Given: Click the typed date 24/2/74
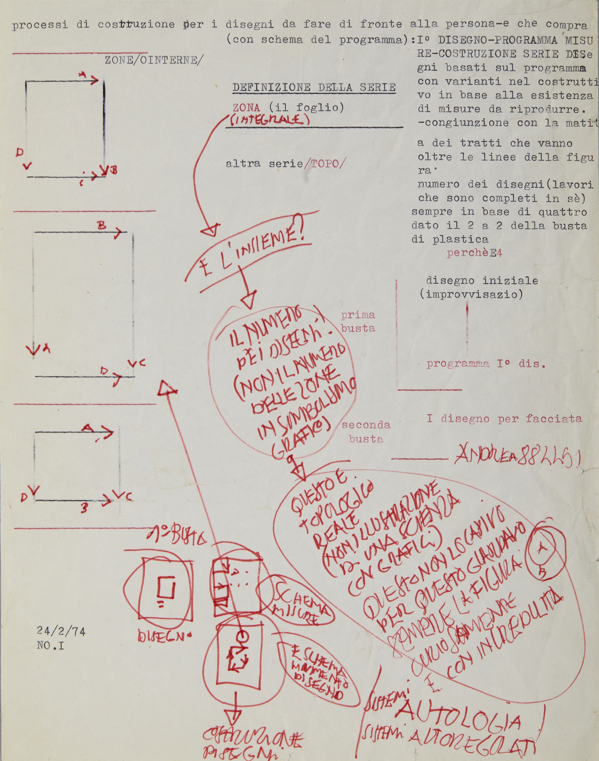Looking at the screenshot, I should (x=61, y=631).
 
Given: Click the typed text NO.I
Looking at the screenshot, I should (x=50, y=645).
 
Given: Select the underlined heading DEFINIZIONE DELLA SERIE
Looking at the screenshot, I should (x=314, y=88).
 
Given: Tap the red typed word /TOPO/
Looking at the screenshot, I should (x=325, y=164).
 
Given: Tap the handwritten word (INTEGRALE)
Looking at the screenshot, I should (x=270, y=120).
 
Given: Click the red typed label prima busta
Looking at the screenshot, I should (x=358, y=322).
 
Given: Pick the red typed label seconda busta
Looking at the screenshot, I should (x=365, y=432).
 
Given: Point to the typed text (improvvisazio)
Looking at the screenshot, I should (x=471, y=294).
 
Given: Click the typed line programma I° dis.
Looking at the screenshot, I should (x=486, y=364).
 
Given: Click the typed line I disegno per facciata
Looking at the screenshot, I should (x=504, y=419).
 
